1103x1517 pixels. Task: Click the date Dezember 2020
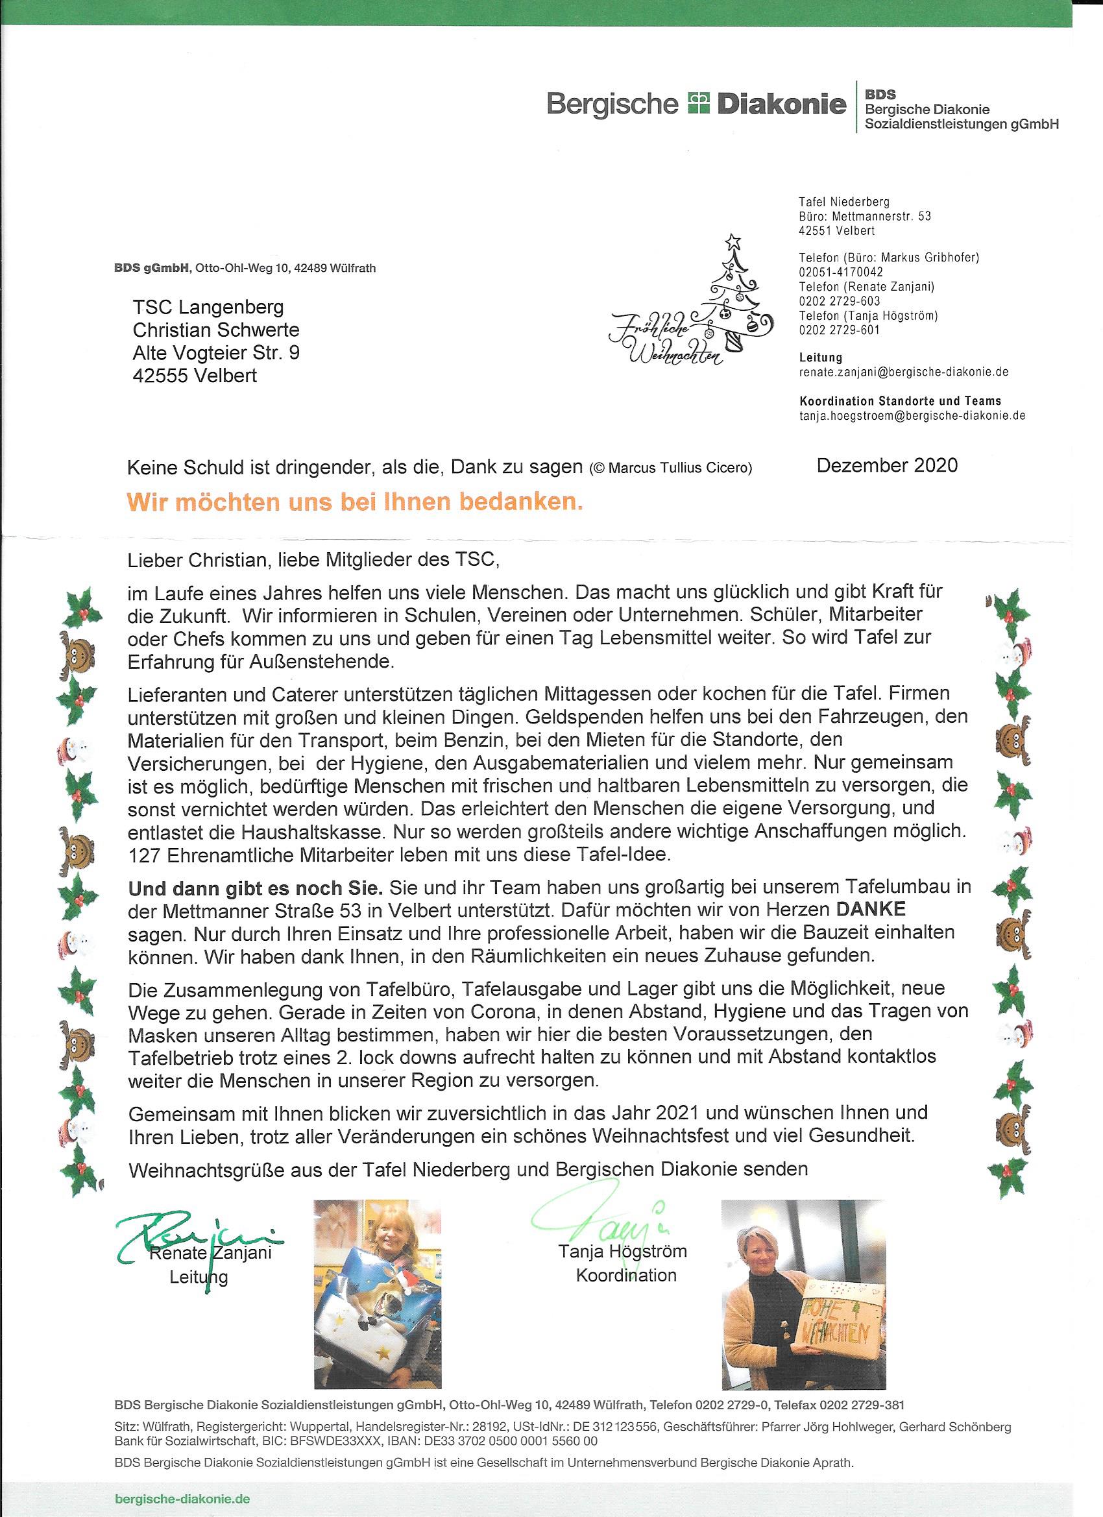[887, 465]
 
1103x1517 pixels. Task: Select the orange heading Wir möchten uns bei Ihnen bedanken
[355, 503]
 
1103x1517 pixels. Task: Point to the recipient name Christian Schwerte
[216, 330]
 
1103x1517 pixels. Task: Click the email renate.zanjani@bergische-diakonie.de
[904, 372]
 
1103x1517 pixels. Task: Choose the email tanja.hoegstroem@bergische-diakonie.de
[912, 415]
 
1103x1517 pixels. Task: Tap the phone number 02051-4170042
[841, 273]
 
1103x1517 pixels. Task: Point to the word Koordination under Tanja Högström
[626, 1275]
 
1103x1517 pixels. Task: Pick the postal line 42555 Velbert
[195, 375]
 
